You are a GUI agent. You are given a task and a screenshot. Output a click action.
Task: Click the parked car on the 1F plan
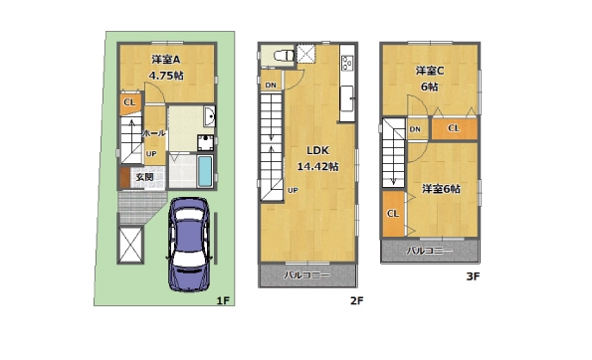pyautogui.click(x=188, y=245)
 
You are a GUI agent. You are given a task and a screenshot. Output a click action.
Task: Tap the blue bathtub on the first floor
pyautogui.click(x=205, y=171)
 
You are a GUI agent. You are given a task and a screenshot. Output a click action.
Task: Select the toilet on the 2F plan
pyautogui.click(x=284, y=56)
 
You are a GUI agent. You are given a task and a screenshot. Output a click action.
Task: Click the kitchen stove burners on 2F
pyautogui.click(x=347, y=63)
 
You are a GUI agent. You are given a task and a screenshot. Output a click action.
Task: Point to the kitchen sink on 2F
pyautogui.click(x=347, y=98)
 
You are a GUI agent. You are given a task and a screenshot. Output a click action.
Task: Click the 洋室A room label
pyautogui.click(x=166, y=60)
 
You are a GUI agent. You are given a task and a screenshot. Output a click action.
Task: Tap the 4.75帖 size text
pyautogui.click(x=166, y=76)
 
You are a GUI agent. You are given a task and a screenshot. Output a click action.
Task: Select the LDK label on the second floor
pyautogui.click(x=318, y=150)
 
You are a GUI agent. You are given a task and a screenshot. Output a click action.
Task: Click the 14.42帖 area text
pyautogui.click(x=318, y=166)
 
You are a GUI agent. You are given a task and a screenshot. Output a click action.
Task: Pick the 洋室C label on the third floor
pyautogui.click(x=430, y=71)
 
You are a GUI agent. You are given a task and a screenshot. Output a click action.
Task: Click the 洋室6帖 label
pyautogui.click(x=441, y=189)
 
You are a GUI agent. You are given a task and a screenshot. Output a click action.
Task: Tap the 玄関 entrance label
pyautogui.click(x=144, y=177)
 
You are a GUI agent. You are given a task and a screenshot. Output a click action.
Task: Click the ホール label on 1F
pyautogui.click(x=154, y=133)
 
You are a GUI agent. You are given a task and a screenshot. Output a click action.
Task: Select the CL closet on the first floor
pyautogui.click(x=130, y=102)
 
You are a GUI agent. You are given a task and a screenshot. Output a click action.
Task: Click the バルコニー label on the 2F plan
pyautogui.click(x=307, y=275)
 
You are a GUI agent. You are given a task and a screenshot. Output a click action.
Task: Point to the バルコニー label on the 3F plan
pyautogui.click(x=429, y=251)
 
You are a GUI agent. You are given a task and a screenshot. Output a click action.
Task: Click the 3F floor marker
pyautogui.click(x=473, y=276)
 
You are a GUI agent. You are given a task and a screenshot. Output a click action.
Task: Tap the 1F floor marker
pyautogui.click(x=223, y=300)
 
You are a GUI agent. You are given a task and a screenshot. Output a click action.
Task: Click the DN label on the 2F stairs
pyautogui.click(x=271, y=86)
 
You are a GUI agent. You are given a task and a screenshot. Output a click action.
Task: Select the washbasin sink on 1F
pyautogui.click(x=209, y=116)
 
